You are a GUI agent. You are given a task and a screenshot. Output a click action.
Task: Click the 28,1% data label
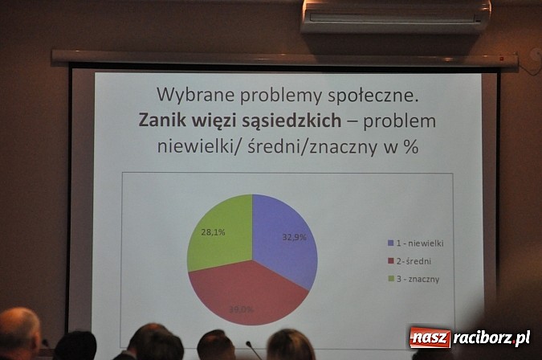pos(212,232)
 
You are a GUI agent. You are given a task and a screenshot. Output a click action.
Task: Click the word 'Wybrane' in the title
pos(192,95)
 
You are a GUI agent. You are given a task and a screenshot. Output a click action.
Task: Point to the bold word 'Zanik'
pos(163,121)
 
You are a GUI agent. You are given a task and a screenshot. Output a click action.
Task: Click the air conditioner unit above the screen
pos(395,15)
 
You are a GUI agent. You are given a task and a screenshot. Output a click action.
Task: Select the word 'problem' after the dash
pos(399,122)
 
